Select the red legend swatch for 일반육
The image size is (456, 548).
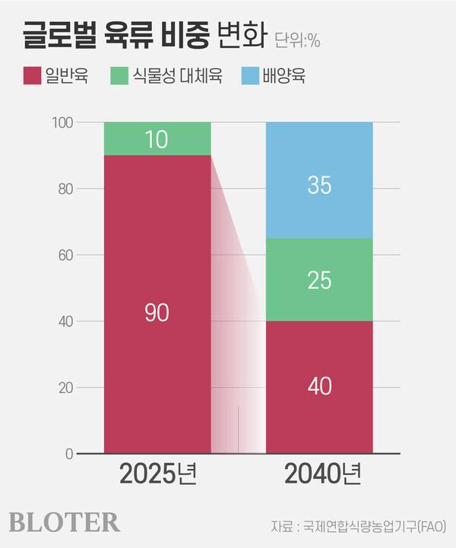coord(31,76)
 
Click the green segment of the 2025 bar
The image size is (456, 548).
coord(157,138)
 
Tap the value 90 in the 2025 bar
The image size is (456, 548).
coord(157,312)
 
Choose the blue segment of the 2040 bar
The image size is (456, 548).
coord(319,180)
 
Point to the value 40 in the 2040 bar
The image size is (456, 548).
coord(319,386)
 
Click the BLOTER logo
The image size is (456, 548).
coord(65,522)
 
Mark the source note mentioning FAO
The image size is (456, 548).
coord(358,525)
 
